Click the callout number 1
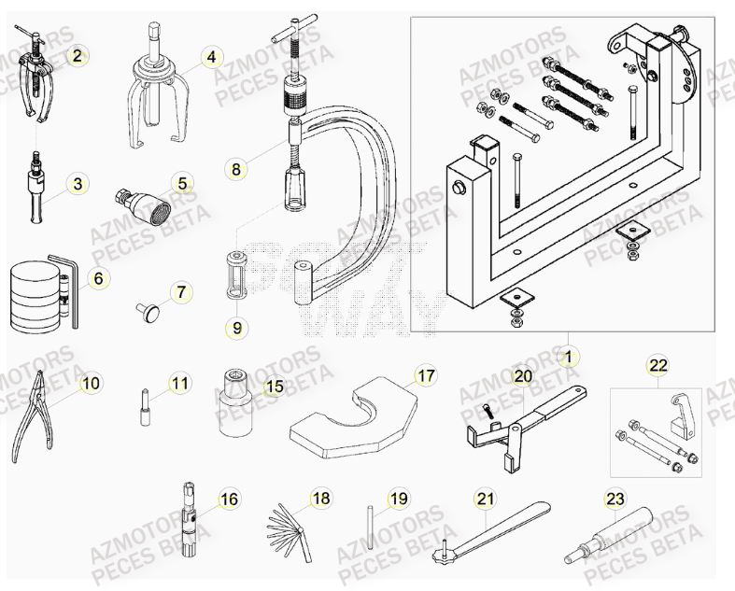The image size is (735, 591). pos(566,356)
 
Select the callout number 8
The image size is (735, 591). pos(236,169)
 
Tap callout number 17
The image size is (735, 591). pos(425,376)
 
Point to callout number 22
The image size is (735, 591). pos(659,365)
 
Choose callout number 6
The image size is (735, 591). pos(99,278)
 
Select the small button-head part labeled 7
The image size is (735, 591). pos(148,308)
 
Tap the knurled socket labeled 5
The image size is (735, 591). pos(144,202)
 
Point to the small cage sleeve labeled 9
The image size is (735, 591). pos(237,276)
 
